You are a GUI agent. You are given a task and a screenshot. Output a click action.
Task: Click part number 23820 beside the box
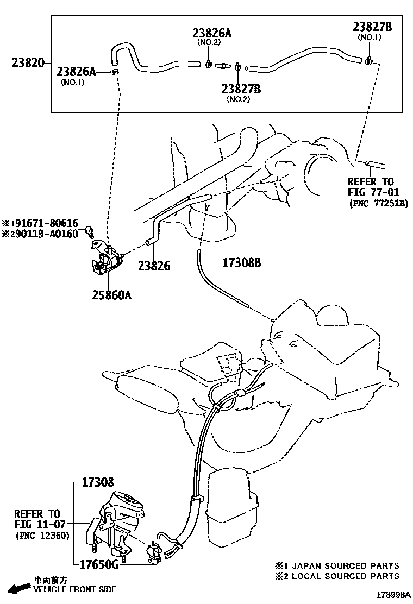point(28,63)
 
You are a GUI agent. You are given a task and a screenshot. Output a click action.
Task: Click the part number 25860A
point(111,295)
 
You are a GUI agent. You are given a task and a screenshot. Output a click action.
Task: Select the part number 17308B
point(241,263)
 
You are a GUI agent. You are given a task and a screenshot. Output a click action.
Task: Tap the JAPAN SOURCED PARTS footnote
point(336,565)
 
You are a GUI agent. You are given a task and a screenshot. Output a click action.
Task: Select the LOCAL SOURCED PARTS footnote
point(336,576)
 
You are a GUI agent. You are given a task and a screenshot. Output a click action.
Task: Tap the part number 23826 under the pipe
point(154,266)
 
